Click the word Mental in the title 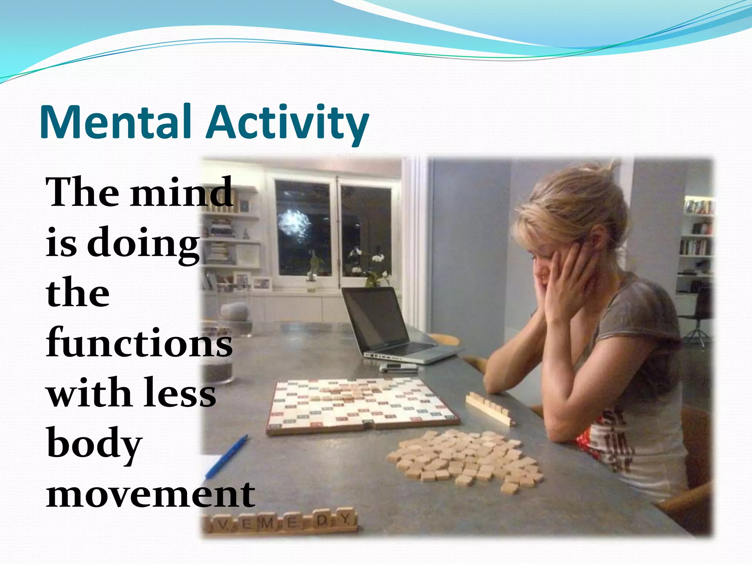[116, 122]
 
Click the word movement [151, 494]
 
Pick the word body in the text [94, 444]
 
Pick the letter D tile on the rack [321, 521]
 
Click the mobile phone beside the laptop [398, 367]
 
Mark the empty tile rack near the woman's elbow [488, 408]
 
